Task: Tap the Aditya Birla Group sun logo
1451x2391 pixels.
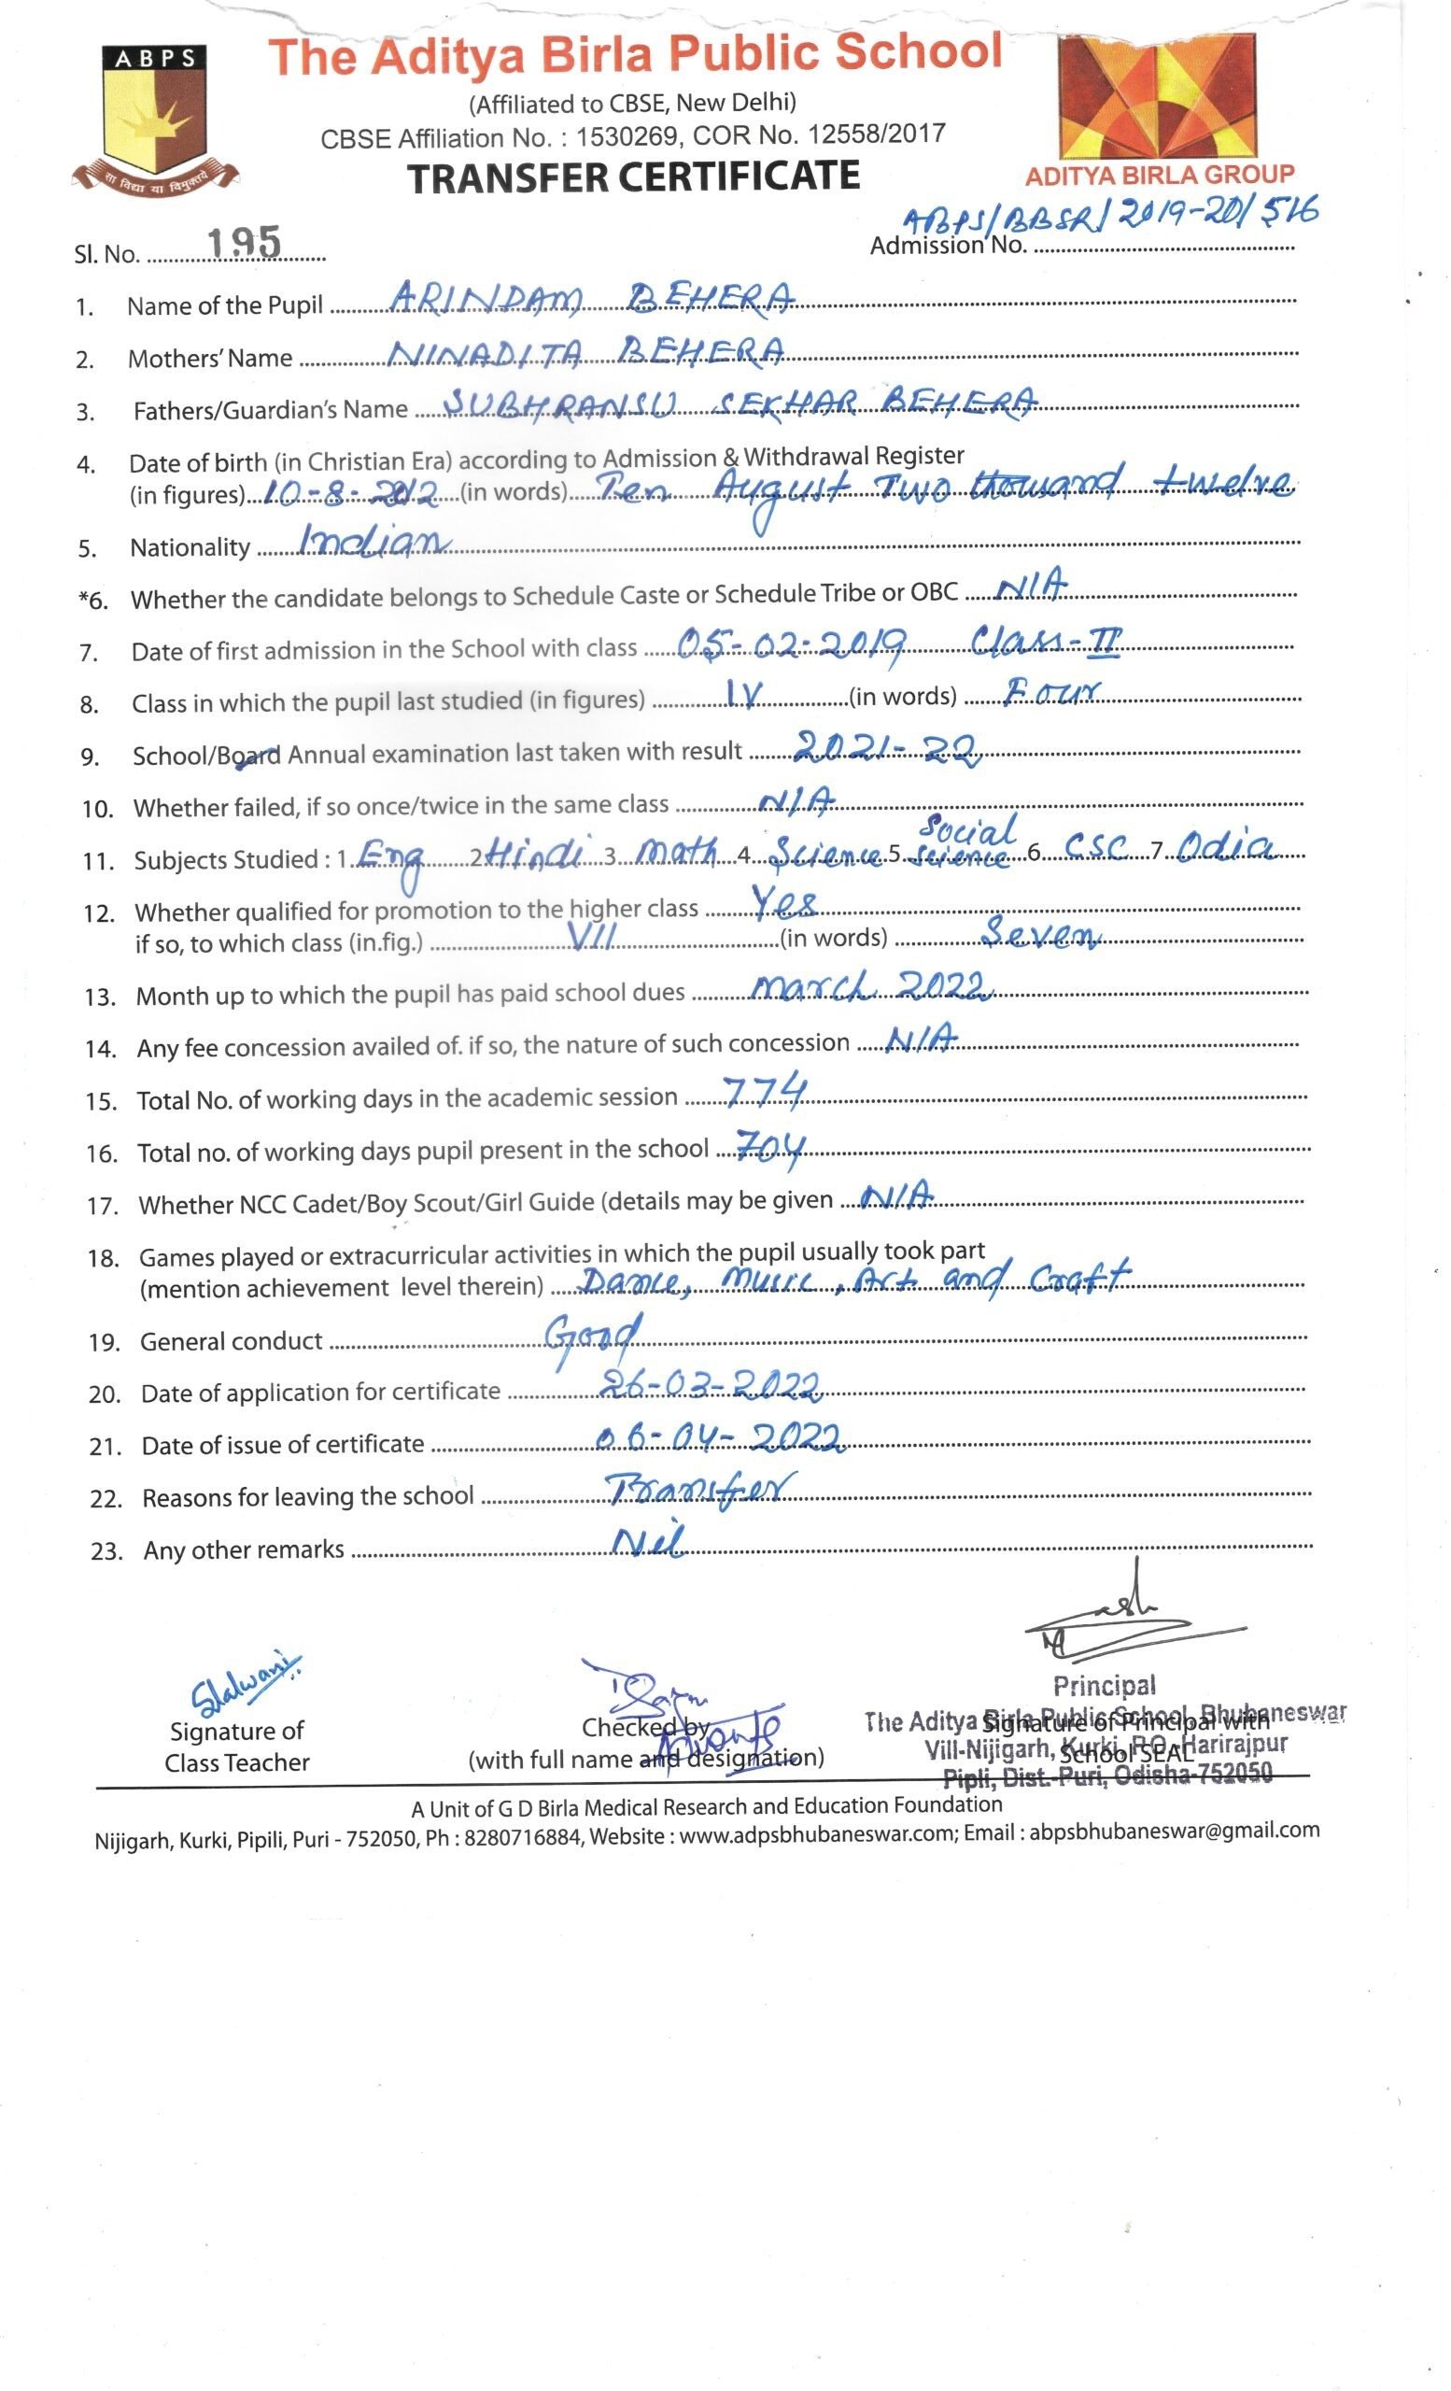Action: tap(1159, 97)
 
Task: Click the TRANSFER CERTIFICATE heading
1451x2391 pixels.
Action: tap(633, 177)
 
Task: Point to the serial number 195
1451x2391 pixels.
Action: tap(246, 243)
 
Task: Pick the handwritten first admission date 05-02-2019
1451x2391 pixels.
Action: tap(792, 643)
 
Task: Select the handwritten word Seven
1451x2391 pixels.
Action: tap(1040, 933)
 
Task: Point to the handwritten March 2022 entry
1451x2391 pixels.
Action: tap(871, 986)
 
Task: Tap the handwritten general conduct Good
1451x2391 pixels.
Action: tap(593, 1337)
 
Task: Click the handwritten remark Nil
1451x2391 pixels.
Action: tap(649, 1540)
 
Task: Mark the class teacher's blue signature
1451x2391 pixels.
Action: tap(245, 1679)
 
